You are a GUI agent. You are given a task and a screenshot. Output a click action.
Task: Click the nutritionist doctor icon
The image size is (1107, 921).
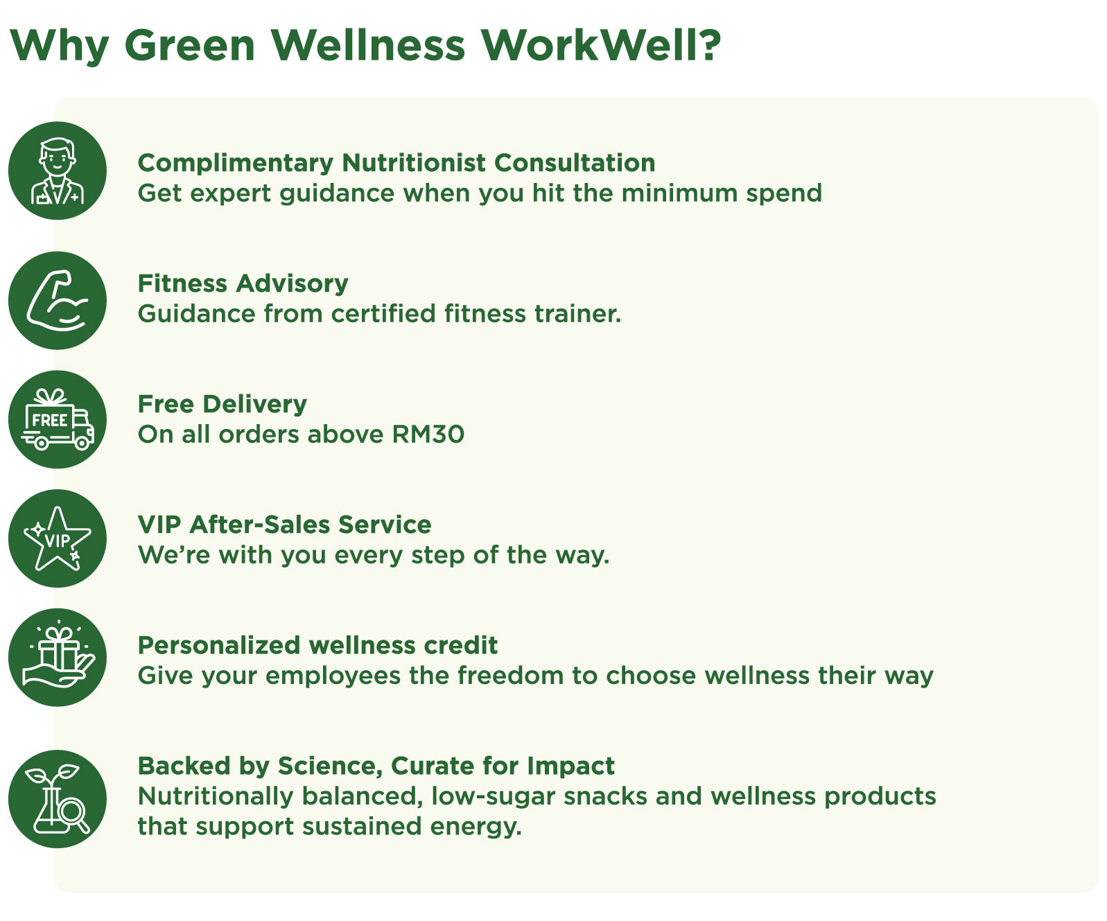click(x=58, y=170)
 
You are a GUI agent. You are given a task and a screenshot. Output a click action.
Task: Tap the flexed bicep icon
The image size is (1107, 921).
click(x=58, y=301)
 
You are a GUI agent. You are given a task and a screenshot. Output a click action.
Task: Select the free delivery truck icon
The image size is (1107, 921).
click(x=58, y=419)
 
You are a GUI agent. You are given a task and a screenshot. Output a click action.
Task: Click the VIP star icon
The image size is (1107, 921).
click(x=58, y=538)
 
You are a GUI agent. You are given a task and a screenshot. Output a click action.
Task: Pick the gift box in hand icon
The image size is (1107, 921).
click(x=58, y=658)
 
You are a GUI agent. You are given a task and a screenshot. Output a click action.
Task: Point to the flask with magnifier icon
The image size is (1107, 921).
click(x=58, y=799)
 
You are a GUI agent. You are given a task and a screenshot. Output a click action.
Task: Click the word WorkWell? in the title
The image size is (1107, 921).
click(x=601, y=45)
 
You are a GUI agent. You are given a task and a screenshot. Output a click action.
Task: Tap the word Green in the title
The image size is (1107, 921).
click(x=190, y=46)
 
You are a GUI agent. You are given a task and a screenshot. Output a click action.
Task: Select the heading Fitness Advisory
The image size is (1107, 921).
click(x=243, y=284)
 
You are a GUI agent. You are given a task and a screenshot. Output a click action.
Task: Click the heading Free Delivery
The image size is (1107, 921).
click(x=222, y=405)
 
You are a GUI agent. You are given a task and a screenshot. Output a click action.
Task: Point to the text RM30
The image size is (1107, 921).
click(x=428, y=435)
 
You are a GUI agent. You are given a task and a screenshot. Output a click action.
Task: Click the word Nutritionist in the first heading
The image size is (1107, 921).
click(x=414, y=163)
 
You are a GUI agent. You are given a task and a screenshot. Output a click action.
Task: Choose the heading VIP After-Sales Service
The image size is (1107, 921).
click(x=284, y=525)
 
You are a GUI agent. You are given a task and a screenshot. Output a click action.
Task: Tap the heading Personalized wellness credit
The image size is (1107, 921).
click(x=317, y=646)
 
